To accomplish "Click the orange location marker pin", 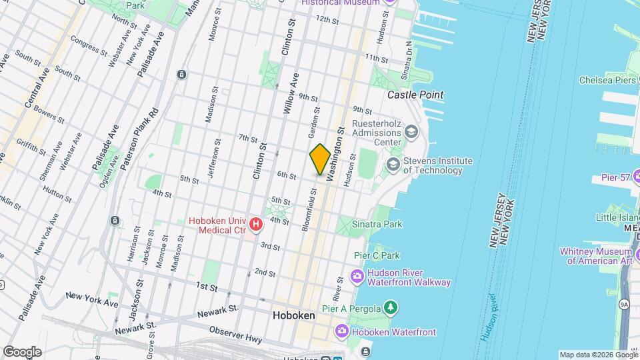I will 320,159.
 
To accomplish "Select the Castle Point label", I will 416,95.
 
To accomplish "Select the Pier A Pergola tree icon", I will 391,307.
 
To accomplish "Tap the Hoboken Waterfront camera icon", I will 341,331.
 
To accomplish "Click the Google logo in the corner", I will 22,351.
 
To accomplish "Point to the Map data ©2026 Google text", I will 598,355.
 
